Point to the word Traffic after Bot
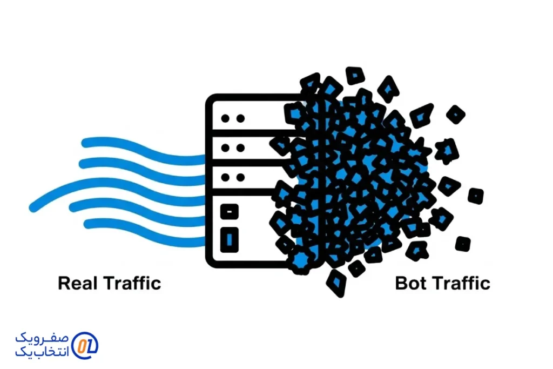(x=463, y=283)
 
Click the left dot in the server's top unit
(x=226, y=117)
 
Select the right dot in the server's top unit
(x=240, y=117)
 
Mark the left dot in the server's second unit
(x=226, y=147)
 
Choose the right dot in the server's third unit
(x=240, y=177)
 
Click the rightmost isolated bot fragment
(x=475, y=196)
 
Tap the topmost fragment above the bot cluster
(x=354, y=75)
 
